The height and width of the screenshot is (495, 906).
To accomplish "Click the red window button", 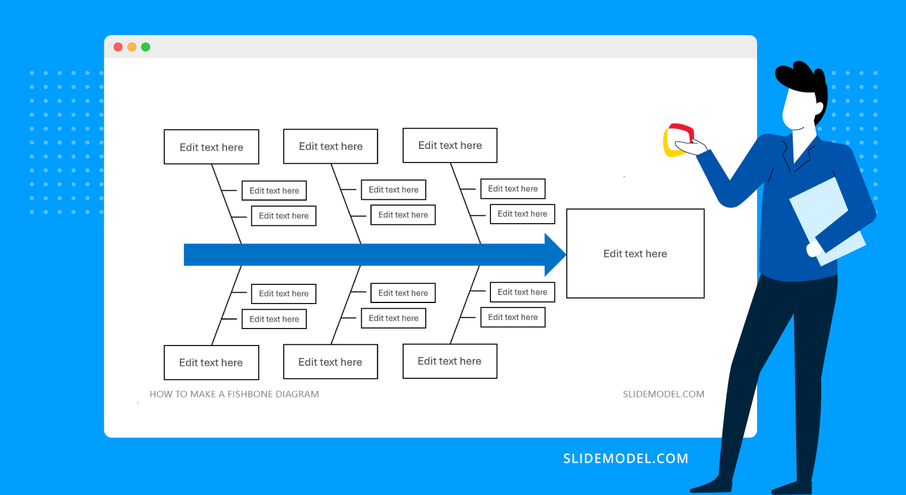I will pos(118,47).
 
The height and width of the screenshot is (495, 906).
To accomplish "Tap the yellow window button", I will pos(132,47).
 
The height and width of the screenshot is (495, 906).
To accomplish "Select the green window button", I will pos(146,47).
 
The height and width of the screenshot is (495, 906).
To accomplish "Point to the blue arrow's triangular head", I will pos(554,254).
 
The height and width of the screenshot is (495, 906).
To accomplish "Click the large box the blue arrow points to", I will pos(635,254).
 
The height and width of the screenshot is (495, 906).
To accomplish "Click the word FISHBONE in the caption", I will pos(250,394).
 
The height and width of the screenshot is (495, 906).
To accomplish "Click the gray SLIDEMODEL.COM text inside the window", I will pos(663,394).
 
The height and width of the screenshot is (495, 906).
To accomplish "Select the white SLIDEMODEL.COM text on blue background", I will pos(625,458).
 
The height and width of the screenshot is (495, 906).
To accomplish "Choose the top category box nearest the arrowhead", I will pos(450,146).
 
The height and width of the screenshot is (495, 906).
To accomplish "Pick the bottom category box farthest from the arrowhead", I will pos(211,362).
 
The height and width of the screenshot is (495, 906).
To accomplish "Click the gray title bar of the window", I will pos(430,47).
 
